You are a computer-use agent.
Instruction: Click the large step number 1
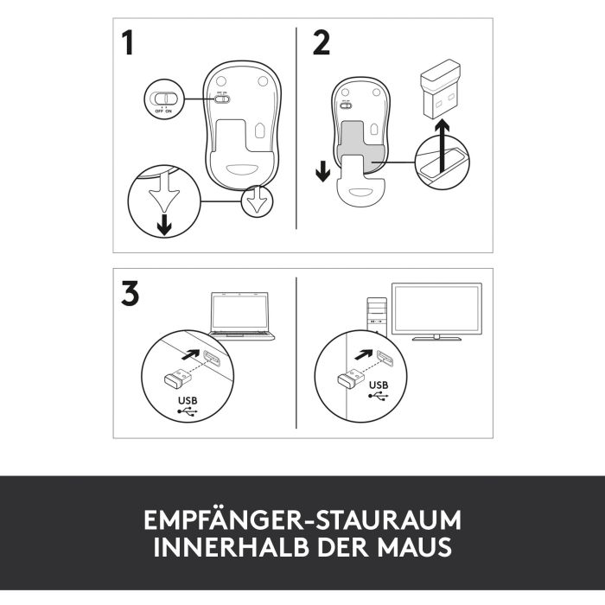[128, 43]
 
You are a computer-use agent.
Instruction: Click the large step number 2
[321, 43]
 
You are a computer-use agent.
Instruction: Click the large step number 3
[130, 294]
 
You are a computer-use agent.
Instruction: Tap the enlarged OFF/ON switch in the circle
[164, 98]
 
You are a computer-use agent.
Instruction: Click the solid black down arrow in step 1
[165, 225]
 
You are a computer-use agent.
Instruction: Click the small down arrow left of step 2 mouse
[322, 171]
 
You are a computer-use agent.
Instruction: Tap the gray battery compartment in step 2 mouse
[360, 145]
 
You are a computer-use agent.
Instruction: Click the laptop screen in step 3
[239, 312]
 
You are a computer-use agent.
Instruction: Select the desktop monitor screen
[436, 309]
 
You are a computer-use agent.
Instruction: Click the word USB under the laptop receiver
[188, 400]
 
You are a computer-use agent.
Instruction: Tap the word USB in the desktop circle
[379, 385]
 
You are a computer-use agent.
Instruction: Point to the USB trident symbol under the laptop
[188, 411]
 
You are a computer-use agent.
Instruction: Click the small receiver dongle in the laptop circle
[177, 378]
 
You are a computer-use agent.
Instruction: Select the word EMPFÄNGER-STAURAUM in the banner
[302, 520]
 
